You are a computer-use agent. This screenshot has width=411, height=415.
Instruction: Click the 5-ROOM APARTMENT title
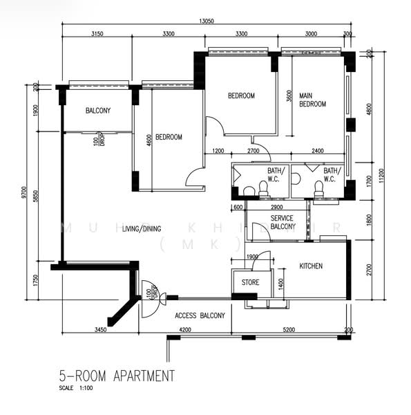pyautogui.click(x=116, y=377)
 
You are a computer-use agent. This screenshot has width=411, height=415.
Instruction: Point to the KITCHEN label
pyautogui.click(x=311, y=266)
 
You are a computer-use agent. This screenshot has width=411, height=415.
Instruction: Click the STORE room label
pyautogui.click(x=249, y=282)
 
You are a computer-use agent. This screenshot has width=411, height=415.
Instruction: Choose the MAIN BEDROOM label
pyautogui.click(x=312, y=100)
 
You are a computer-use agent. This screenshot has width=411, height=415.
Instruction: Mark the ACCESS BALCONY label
pyautogui.click(x=200, y=315)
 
